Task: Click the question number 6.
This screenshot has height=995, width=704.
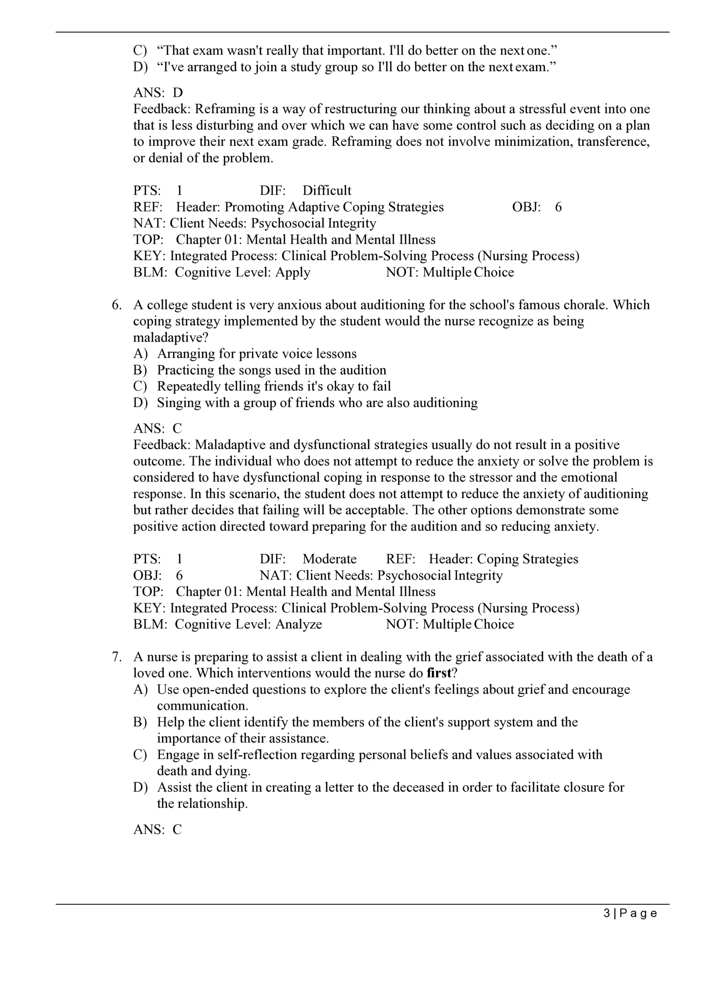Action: (116, 305)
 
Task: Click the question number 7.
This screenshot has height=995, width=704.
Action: (116, 657)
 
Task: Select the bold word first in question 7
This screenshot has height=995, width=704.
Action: (439, 673)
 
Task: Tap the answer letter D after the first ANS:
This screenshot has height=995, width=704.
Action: (178, 93)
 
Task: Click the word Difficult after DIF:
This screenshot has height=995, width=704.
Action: (327, 191)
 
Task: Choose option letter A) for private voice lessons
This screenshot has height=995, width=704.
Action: (140, 354)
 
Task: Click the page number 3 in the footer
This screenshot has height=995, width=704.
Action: (607, 913)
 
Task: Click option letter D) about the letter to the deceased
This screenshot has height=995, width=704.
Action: (140, 787)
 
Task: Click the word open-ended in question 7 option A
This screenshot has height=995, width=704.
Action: (215, 690)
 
